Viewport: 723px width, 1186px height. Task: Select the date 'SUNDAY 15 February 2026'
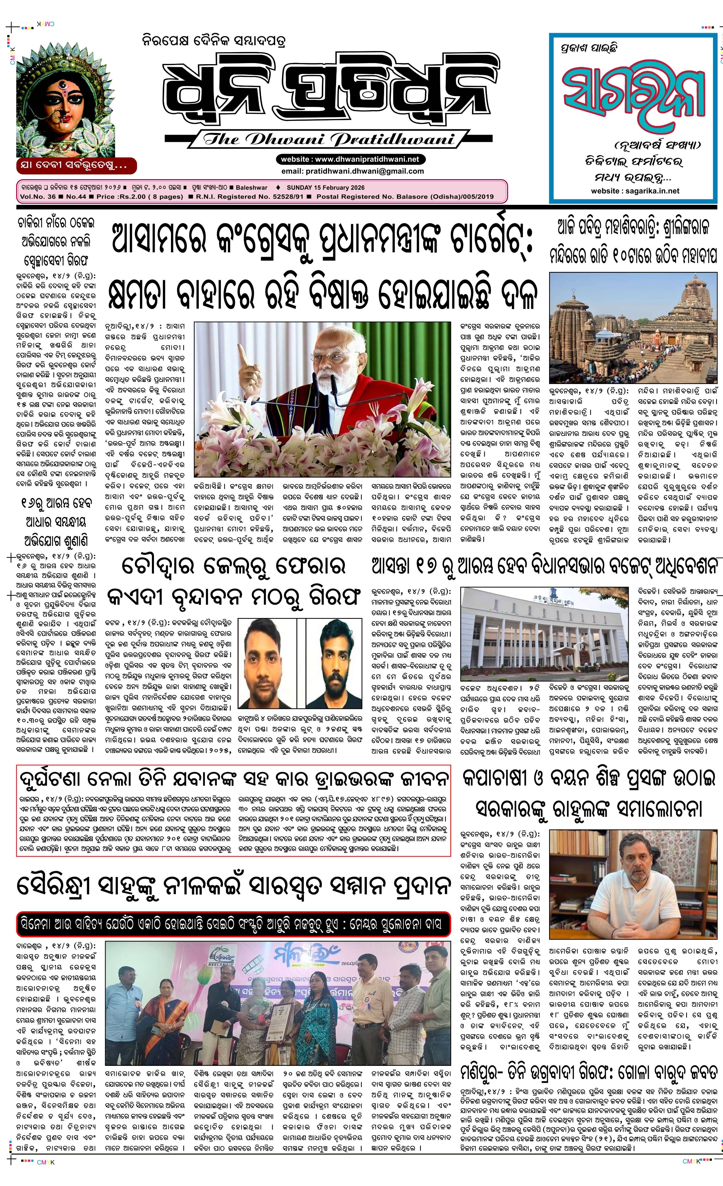[326, 188]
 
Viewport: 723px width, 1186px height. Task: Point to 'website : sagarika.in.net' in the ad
[635, 191]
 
